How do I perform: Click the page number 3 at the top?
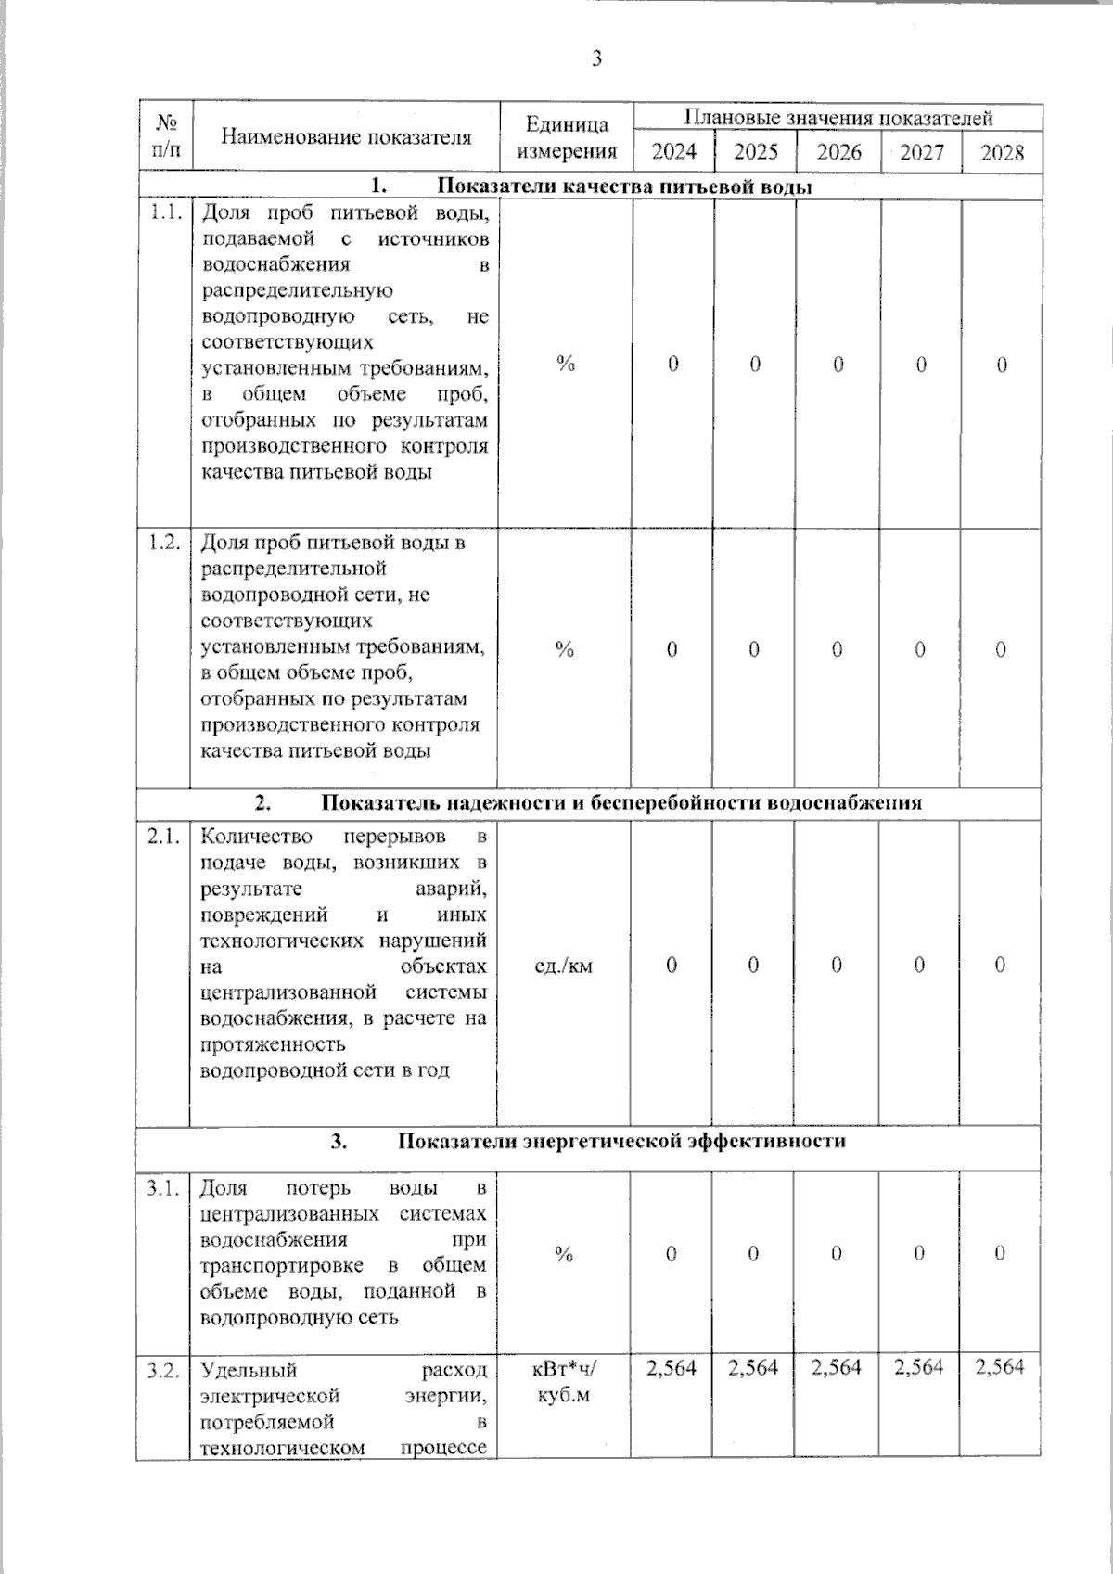596,59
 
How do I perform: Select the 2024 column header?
673,152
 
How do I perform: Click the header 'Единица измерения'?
567,137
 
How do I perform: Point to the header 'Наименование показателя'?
346,137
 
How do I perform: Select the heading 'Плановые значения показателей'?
838,118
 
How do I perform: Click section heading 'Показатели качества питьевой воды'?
624,186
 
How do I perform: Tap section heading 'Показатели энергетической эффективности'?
621,1141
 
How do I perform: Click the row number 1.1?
165,212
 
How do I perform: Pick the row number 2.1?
163,837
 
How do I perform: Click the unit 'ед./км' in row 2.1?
564,966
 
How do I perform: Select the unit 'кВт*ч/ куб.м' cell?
564,1382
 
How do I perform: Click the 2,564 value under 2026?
837,1367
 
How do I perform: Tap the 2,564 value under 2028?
1000,1367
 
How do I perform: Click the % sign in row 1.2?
564,650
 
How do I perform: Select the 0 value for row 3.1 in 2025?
753,1254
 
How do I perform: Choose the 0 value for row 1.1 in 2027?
920,365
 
